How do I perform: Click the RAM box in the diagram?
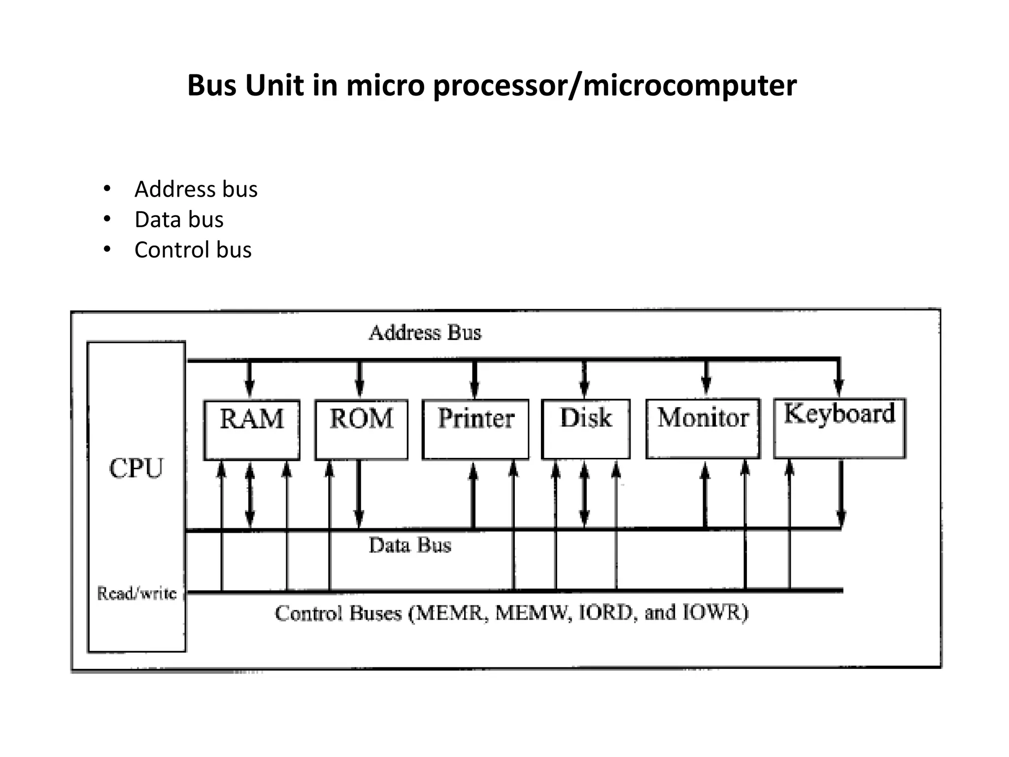252,430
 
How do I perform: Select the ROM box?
361,430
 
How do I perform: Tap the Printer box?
475,429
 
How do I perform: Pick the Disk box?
586,429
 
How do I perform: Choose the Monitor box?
703,429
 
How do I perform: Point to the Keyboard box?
840,428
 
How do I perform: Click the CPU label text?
136,468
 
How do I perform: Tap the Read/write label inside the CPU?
136,593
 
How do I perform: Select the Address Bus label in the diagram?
425,333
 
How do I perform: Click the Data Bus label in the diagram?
410,545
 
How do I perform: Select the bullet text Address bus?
196,189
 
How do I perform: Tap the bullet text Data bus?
179,219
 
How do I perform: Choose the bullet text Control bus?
193,250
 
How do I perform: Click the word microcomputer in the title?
689,85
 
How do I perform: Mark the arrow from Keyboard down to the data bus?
841,493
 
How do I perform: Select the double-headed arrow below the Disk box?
584,494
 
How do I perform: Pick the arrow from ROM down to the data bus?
359,493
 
